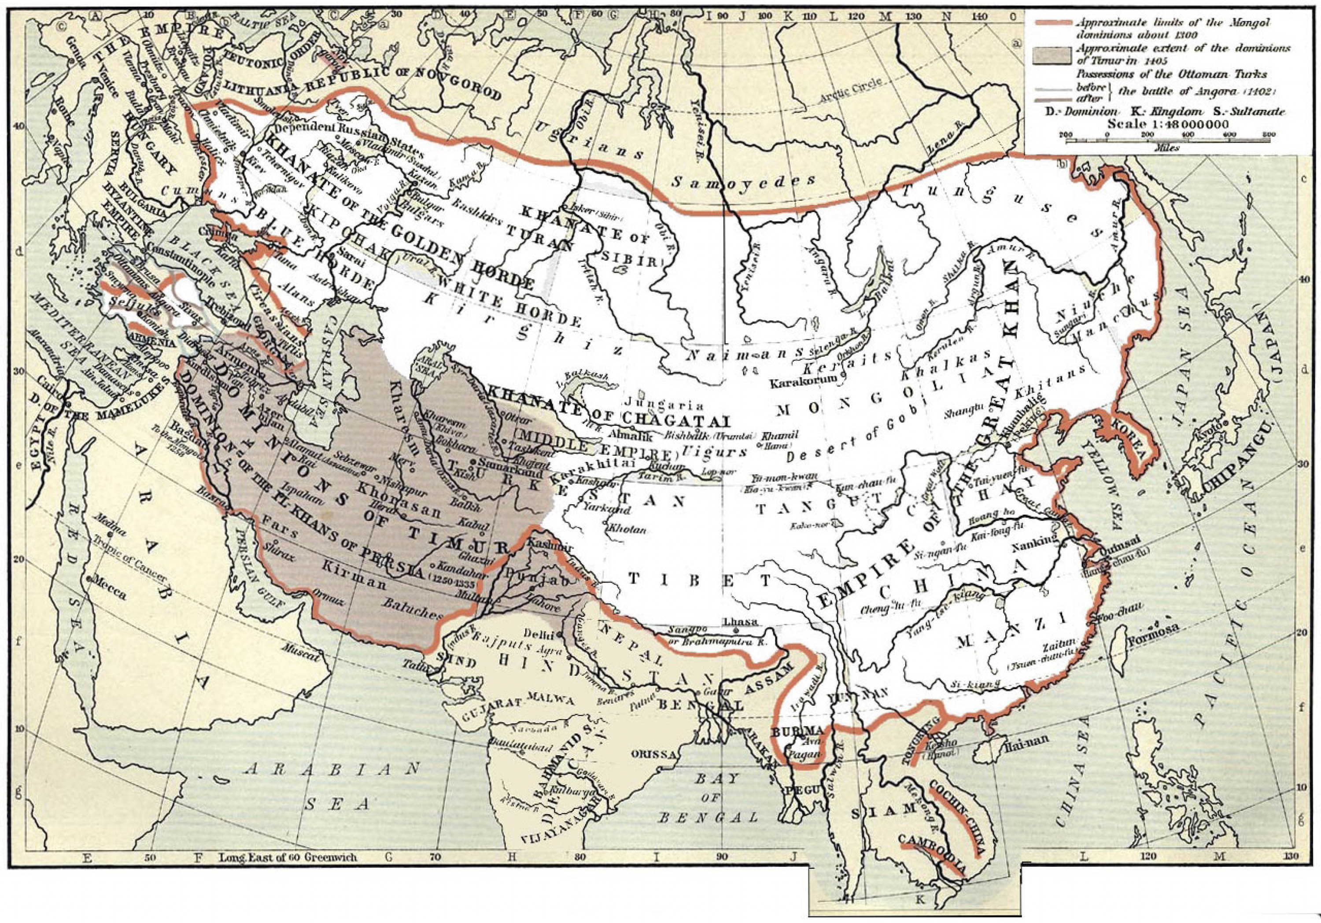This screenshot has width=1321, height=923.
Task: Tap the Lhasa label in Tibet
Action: pyautogui.click(x=738, y=621)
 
